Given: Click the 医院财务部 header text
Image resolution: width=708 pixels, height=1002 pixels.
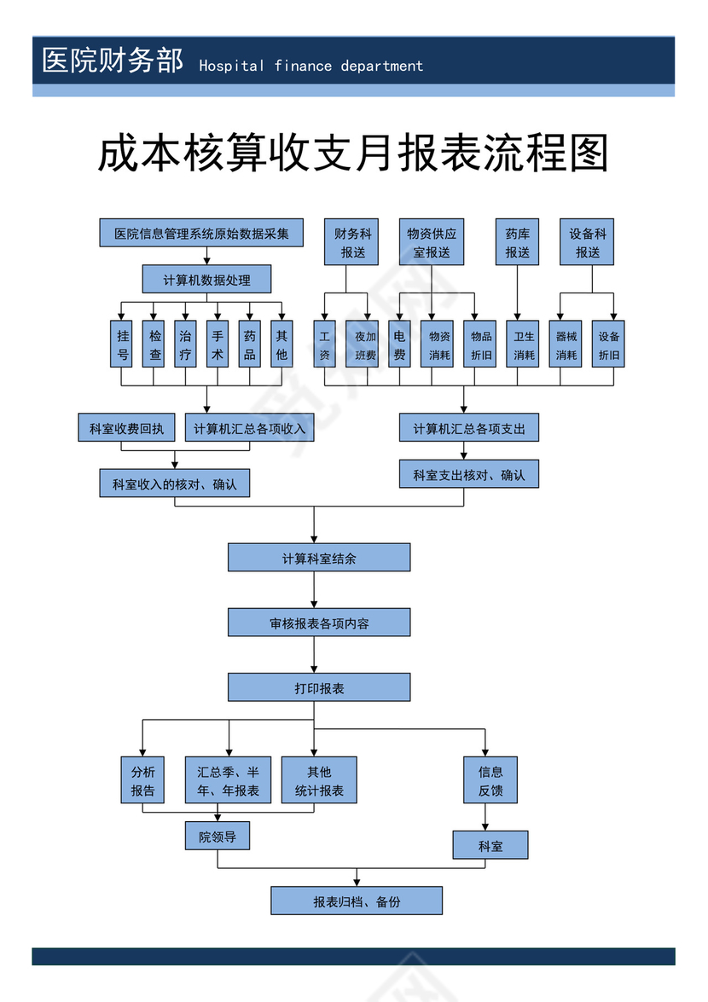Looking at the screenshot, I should [112, 61].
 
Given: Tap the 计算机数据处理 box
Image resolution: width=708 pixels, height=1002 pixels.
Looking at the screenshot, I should [206, 280].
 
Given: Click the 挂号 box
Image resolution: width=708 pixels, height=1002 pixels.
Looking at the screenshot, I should [123, 344].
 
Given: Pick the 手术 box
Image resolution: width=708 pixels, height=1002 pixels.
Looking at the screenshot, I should [218, 344].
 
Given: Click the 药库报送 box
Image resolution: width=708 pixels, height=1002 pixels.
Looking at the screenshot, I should [517, 242].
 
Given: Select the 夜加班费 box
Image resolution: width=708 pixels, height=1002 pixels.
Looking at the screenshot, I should [365, 344].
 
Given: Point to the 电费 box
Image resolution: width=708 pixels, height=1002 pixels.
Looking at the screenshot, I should [399, 344].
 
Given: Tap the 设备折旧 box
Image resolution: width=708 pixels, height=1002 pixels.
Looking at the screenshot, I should [609, 344].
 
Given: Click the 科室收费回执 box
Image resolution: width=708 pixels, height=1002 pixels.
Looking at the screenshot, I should [126, 428].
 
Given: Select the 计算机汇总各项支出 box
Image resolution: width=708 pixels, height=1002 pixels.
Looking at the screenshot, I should [468, 428].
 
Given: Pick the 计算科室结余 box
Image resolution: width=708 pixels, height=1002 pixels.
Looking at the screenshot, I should [319, 559].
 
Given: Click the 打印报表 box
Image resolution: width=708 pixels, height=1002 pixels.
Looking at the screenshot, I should [319, 687].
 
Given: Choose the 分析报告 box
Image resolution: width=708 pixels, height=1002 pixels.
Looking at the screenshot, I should [142, 780].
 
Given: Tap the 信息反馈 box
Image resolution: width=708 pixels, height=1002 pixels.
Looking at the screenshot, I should [490, 780].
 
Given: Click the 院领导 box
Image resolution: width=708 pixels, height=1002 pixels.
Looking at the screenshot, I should [218, 837].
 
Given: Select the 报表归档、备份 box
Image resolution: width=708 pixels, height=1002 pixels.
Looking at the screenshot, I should [357, 901].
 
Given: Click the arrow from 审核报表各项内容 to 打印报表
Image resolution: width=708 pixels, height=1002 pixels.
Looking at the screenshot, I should [314, 655].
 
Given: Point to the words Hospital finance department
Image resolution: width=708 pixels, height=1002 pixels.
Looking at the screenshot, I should [310, 66].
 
